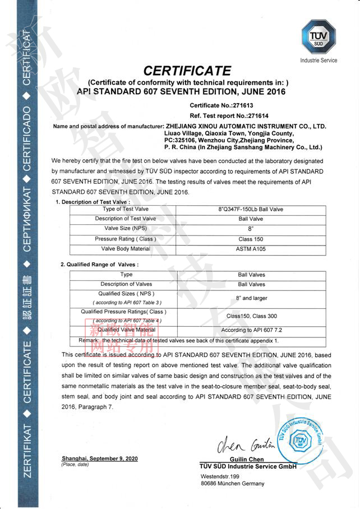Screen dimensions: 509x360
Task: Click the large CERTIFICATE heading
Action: pyautogui.click(x=187, y=71)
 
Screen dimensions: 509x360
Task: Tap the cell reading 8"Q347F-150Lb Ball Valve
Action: pyautogui.click(x=251, y=209)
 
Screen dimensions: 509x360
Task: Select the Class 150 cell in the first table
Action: pyautogui.click(x=250, y=239)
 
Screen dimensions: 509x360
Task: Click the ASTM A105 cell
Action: pyautogui.click(x=250, y=248)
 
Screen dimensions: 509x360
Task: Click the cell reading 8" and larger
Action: pyautogui.click(x=251, y=298)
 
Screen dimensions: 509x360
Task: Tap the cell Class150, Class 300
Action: pyautogui.click(x=251, y=317)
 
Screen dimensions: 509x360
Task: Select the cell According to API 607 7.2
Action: pyautogui.click(x=251, y=330)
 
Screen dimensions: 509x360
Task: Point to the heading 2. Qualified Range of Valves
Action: pyautogui.click(x=99, y=264)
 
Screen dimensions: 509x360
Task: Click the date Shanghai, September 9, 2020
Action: pyautogui.click(x=99, y=459)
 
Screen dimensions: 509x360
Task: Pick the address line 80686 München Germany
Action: pyautogui.click(x=232, y=484)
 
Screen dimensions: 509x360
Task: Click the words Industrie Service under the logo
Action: pyautogui.click(x=319, y=61)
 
